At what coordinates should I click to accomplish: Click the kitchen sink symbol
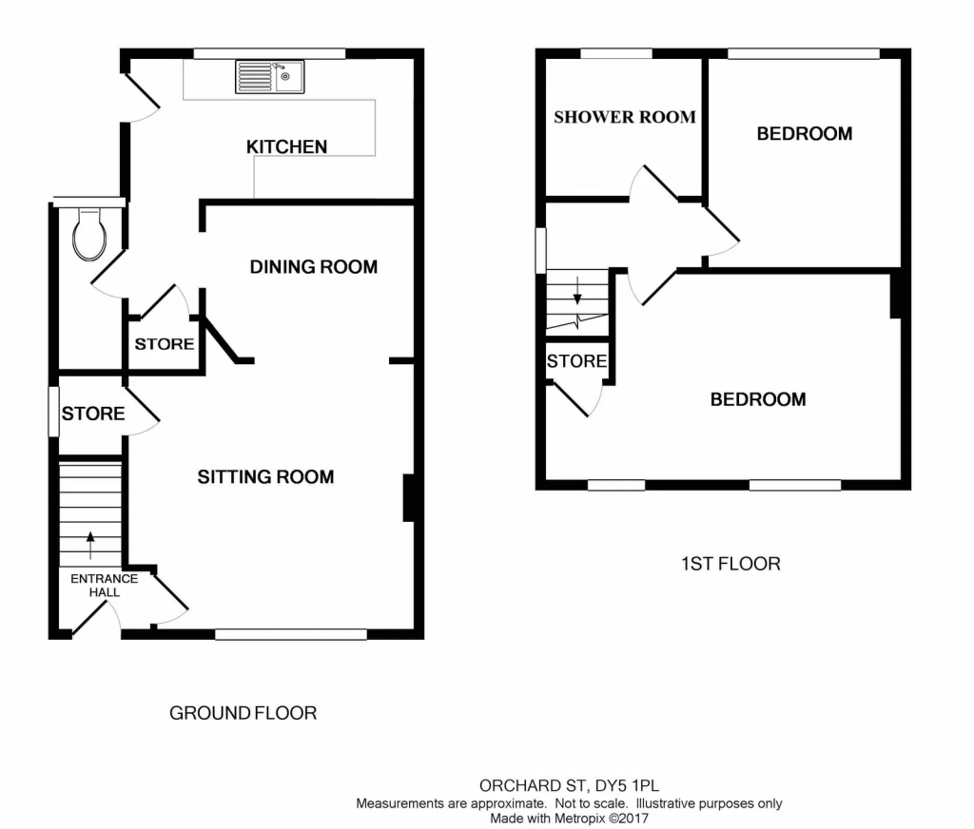tap(270, 77)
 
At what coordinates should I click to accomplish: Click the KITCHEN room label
tap(286, 146)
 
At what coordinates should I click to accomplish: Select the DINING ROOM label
tap(313, 267)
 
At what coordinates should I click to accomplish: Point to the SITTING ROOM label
tap(265, 476)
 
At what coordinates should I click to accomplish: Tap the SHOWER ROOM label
tap(625, 117)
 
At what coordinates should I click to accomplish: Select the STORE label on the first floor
tap(576, 361)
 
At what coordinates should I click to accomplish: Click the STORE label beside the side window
tap(93, 414)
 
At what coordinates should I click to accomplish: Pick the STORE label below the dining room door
tap(164, 344)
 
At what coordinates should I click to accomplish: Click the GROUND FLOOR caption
tap(243, 712)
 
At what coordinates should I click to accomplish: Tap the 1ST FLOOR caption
tap(730, 564)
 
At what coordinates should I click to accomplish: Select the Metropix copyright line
tap(569, 817)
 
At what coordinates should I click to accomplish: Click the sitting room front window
tap(291, 633)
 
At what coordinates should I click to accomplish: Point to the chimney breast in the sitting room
tap(408, 498)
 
